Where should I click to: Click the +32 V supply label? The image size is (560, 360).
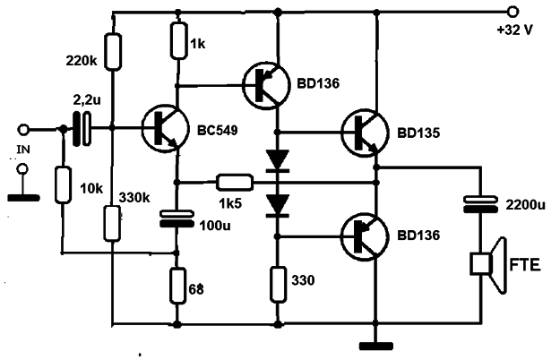[x=514, y=30]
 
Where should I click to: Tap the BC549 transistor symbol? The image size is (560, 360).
[x=165, y=129]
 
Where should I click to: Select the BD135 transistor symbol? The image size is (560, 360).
[x=365, y=133]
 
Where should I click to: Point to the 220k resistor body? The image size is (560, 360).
[x=113, y=52]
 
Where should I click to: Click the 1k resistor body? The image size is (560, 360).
[x=178, y=40]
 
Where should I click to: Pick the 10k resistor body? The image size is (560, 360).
[x=63, y=185]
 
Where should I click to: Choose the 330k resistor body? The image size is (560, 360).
[x=112, y=223]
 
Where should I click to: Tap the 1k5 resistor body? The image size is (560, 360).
[x=235, y=183]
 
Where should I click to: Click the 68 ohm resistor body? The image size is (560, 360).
[x=177, y=286]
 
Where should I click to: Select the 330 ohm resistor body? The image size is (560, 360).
[x=278, y=285]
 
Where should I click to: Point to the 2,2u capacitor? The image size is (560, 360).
[x=82, y=129]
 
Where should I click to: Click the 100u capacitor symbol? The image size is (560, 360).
[x=177, y=219]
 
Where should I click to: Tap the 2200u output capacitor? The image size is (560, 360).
[x=480, y=204]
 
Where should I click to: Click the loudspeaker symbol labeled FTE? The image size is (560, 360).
[x=488, y=265]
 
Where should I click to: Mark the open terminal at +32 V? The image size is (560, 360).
[x=513, y=12]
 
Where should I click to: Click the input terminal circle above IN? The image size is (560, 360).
[x=23, y=130]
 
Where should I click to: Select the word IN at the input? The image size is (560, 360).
[x=23, y=150]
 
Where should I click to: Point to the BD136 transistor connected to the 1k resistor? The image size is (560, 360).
[x=266, y=85]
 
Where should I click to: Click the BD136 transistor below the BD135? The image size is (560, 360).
[x=365, y=236]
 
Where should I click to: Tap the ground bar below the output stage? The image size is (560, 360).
[x=376, y=346]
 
